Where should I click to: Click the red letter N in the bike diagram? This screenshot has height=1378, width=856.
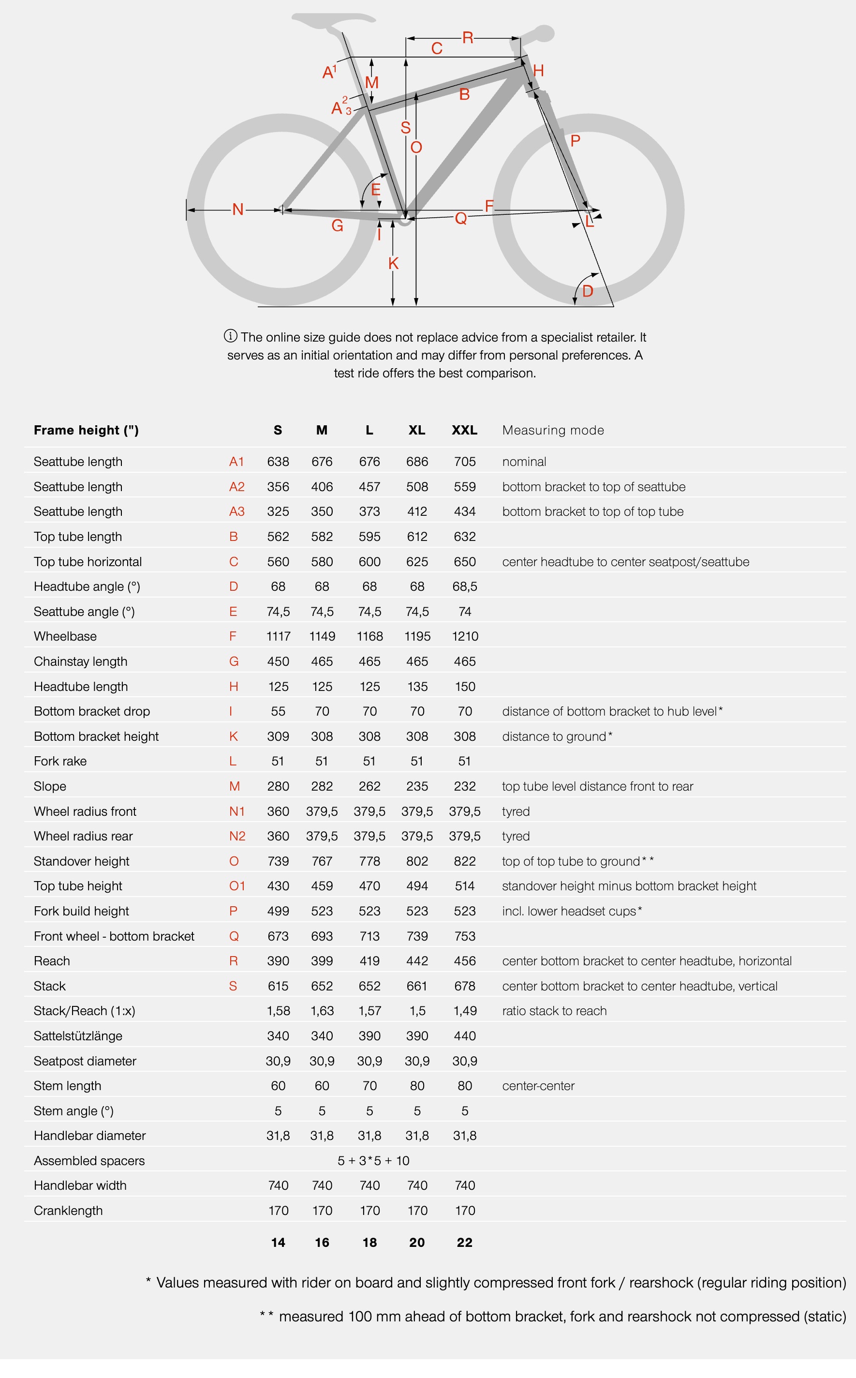pos(238,210)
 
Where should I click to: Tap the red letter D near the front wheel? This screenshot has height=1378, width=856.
pos(588,291)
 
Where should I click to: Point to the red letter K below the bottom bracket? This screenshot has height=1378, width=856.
pos(394,263)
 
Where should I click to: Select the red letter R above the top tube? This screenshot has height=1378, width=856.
pos(468,38)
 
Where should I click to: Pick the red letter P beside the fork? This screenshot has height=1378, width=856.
pos(575,140)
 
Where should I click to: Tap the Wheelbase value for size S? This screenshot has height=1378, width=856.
pos(278,636)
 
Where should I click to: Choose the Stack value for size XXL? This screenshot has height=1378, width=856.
pos(464,986)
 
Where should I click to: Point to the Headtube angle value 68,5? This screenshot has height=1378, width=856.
pos(464,586)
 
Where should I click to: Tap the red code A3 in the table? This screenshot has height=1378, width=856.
pos(236,511)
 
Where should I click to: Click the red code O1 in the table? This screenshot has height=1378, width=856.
pos(236,886)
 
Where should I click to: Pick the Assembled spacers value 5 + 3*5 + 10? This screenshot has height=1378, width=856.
pos(373,1161)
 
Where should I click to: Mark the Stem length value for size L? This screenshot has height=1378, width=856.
pos(369,1086)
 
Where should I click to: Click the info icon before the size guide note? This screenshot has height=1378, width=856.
pos(230,336)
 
